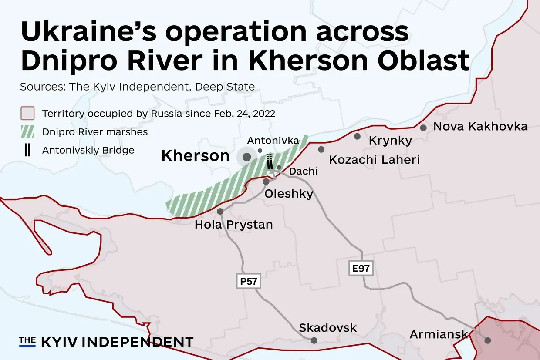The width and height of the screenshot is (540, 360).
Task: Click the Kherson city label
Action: coord(195,156)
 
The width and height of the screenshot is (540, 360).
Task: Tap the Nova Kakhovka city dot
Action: coord(423,128)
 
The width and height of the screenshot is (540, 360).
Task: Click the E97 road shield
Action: coord(361,268)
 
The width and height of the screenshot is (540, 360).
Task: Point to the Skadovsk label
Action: coord(328,327)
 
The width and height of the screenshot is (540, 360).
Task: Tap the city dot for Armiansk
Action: coord(488,340)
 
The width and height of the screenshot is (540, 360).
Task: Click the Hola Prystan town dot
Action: coord(220,212)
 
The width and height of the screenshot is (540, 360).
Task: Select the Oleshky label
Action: coord(289,193)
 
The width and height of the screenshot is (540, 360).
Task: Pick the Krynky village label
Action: coord(390,141)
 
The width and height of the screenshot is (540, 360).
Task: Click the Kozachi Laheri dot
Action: coord(321,149)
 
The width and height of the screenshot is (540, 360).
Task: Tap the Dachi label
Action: coord(303,171)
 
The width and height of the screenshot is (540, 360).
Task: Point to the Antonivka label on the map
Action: coord(273,141)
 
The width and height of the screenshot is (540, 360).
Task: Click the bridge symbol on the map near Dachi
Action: coord(270,161)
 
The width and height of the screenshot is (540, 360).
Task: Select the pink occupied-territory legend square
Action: coord(27,114)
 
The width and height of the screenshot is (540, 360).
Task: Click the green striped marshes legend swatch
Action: coord(27,132)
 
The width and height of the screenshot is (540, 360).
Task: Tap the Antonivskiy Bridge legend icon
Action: coord(27,150)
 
